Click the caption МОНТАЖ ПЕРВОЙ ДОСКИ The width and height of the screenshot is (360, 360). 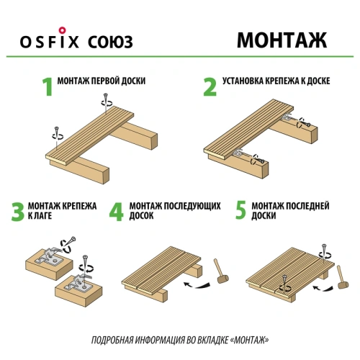pos(102,81)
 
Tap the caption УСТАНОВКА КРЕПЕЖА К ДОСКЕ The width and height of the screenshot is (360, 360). pos(276,81)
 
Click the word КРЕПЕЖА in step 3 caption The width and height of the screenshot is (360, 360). pos(79,206)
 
